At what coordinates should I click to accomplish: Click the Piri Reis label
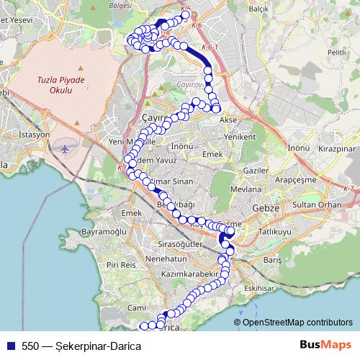121,265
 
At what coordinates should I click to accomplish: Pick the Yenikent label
240,136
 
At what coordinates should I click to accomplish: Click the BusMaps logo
325,346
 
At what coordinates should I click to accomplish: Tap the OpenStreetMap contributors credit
297,322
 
